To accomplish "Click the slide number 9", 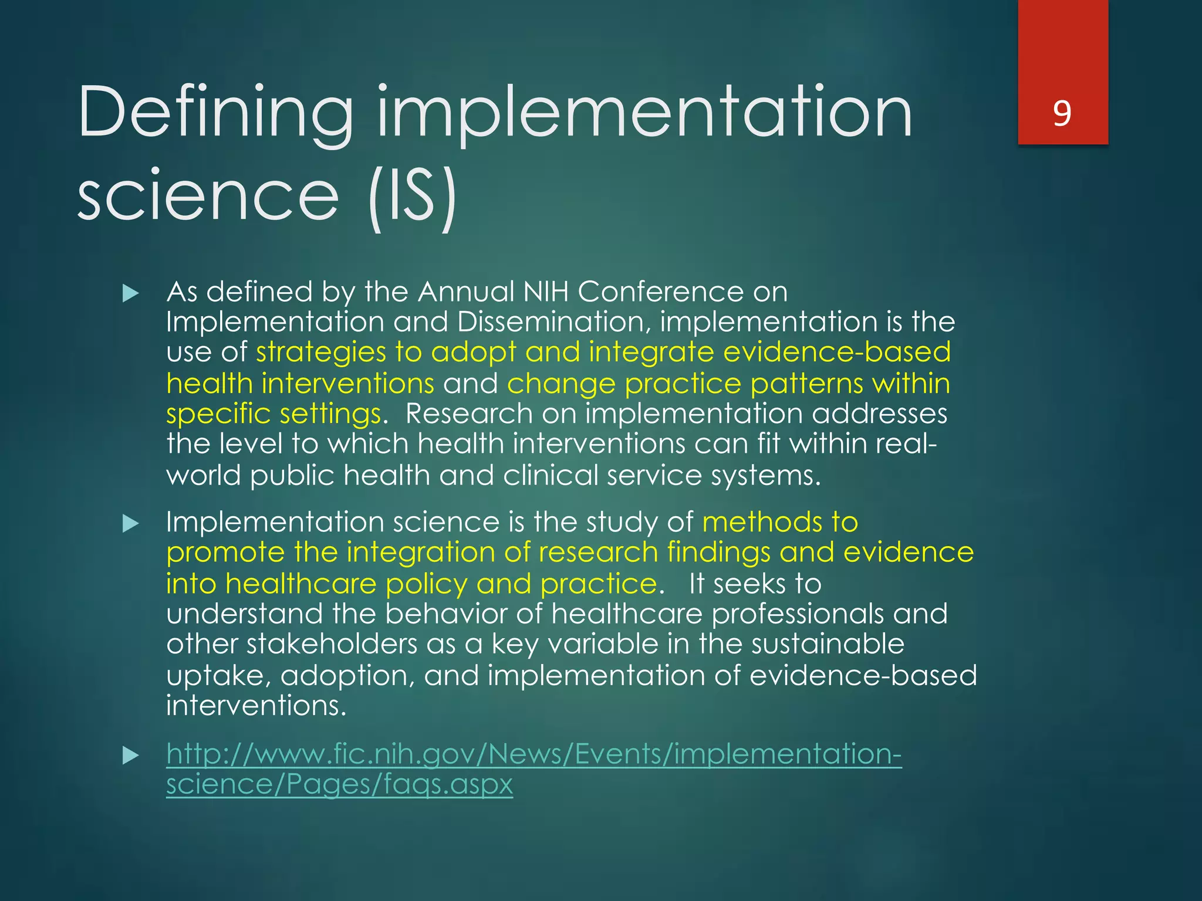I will pos(1062,113).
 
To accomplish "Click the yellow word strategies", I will pos(320,353).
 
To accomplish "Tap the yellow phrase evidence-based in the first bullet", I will pos(836,351).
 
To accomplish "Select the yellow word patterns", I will pos(806,384).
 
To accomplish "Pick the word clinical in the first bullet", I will pos(550,475).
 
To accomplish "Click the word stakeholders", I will pos(331,643).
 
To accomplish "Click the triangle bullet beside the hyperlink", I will pos(130,755).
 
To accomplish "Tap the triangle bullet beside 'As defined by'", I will pos(130,293).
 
